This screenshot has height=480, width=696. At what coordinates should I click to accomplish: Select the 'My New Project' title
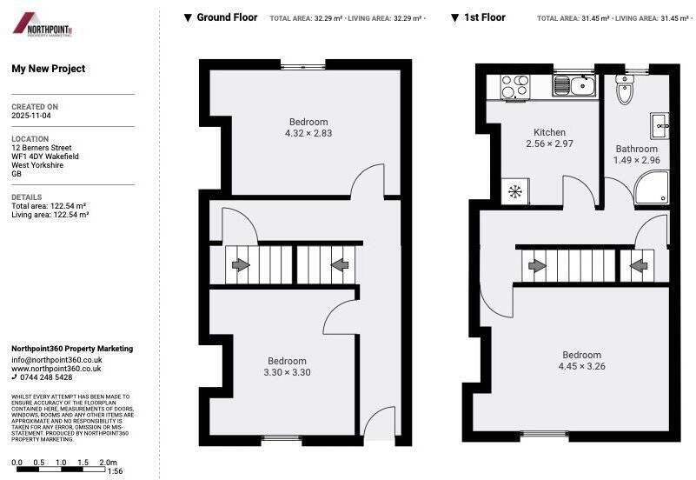click(x=49, y=69)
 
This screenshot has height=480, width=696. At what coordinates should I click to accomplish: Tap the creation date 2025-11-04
click(x=31, y=115)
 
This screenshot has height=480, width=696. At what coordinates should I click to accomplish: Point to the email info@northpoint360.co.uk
click(x=56, y=359)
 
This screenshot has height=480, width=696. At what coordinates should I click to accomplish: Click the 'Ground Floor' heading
click(x=227, y=17)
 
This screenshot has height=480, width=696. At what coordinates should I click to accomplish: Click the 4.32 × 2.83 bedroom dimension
click(x=308, y=134)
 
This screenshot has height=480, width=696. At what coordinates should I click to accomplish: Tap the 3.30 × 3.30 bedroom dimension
click(x=287, y=372)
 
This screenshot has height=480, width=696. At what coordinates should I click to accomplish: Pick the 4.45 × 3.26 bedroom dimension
click(x=581, y=367)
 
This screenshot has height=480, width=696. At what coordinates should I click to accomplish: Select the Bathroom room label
click(x=636, y=149)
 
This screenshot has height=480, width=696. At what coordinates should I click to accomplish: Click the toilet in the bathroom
click(x=625, y=89)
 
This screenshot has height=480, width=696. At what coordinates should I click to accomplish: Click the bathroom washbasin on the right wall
click(x=660, y=124)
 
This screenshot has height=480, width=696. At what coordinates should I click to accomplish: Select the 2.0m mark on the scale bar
click(x=108, y=462)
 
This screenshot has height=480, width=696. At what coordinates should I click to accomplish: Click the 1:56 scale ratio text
click(x=115, y=471)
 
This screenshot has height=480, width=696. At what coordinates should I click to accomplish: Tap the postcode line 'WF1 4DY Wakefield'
click(x=45, y=157)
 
